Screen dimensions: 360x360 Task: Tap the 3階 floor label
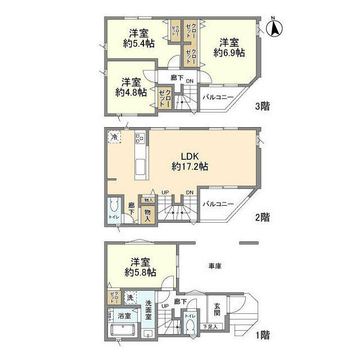262,106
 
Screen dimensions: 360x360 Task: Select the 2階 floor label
262,217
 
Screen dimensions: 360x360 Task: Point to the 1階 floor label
262,336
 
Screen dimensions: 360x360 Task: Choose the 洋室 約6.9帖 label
229,47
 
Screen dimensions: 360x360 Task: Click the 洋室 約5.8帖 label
141,267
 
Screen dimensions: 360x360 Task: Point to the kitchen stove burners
139,138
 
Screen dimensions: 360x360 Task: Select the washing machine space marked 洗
130,298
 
